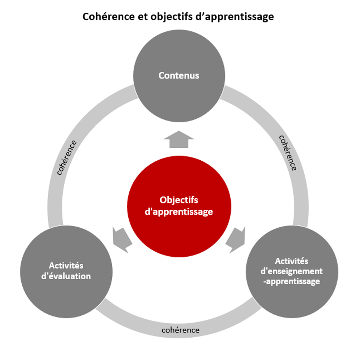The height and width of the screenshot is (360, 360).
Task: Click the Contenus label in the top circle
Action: pos(179,75)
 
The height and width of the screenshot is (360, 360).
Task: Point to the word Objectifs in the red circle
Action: pos(179,200)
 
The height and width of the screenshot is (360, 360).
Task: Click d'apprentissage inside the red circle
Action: pos(179,212)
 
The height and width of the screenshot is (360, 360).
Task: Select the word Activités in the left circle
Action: pos(66,266)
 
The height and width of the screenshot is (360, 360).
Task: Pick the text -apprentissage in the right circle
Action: pos(292,282)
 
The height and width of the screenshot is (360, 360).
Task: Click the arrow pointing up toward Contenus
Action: pos(179,139)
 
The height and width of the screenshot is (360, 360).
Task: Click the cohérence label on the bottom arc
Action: pos(181,330)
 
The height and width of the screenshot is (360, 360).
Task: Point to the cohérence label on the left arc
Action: pos(67,157)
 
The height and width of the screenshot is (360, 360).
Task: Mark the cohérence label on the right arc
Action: pos(288,153)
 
